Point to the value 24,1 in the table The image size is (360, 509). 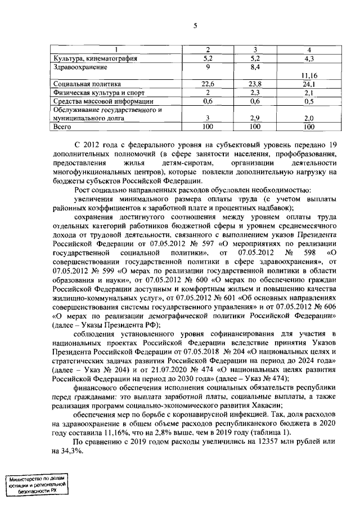pyautogui.click(x=309, y=84)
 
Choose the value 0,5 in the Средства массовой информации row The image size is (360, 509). pyautogui.click(x=309, y=101)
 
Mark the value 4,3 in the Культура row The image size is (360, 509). pyautogui.click(x=309, y=58)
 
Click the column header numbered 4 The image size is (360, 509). pyautogui.click(x=309, y=50)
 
